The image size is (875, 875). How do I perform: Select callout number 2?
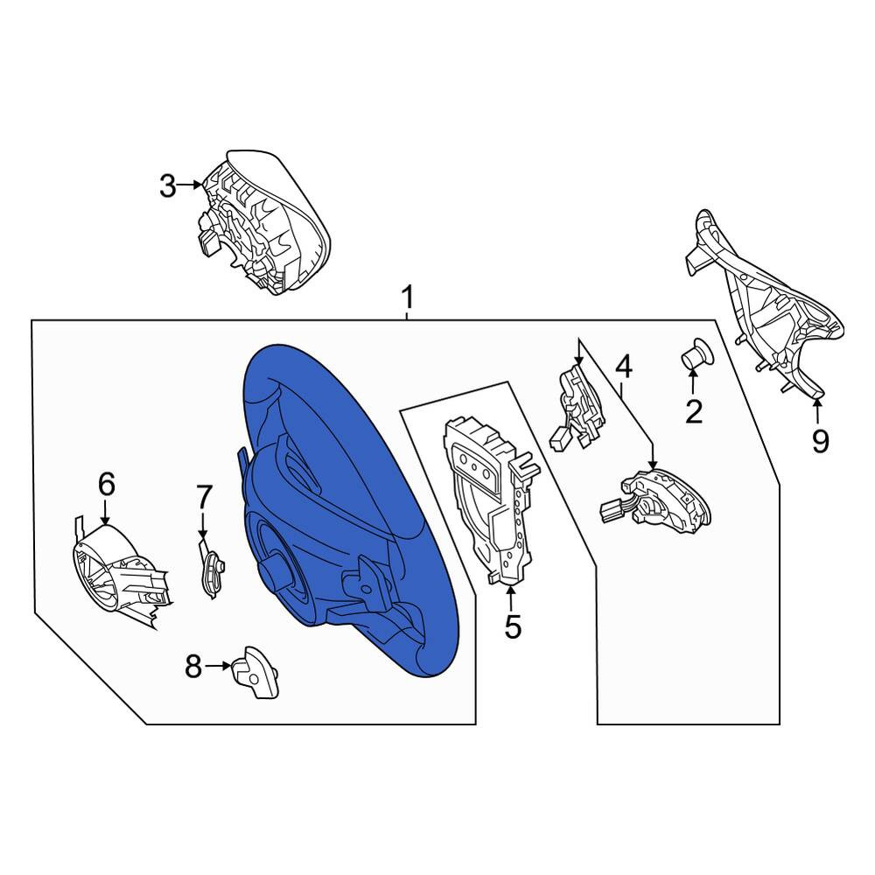click(x=694, y=412)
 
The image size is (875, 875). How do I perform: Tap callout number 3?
click(x=167, y=185)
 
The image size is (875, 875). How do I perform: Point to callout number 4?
click(x=623, y=367)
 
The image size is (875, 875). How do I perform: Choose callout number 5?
click(x=512, y=626)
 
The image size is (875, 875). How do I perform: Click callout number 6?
click(x=106, y=484)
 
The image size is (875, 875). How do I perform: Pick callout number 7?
click(x=204, y=497)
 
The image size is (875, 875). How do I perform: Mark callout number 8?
click(x=193, y=666)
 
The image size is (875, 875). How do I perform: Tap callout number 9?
click(x=820, y=441)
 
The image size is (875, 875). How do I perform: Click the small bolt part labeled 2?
click(x=696, y=353)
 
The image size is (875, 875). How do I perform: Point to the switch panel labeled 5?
click(x=490, y=500)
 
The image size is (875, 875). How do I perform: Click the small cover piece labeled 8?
click(x=255, y=672)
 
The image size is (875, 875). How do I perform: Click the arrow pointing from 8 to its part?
click(x=218, y=666)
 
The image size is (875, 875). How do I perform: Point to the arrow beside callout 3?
click(x=190, y=185)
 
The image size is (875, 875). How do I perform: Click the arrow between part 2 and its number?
click(x=692, y=383)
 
